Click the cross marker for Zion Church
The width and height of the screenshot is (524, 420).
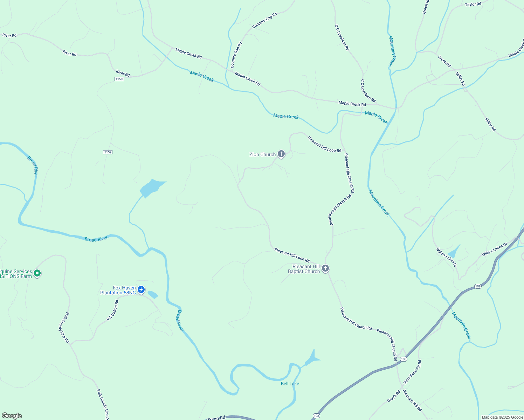pyautogui.click(x=281, y=154)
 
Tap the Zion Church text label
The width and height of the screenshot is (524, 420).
pyautogui.click(x=262, y=154)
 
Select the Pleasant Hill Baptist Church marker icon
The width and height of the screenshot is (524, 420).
pyautogui.click(x=325, y=268)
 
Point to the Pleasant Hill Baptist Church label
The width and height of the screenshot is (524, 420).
pyautogui.click(x=304, y=269)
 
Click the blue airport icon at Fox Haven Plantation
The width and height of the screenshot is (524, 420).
pyautogui.click(x=141, y=289)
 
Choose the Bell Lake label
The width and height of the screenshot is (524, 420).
pyautogui.click(x=290, y=384)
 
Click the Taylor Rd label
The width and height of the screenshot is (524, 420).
pyautogui.click(x=473, y=5)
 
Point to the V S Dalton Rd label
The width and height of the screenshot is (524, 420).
pyautogui.click(x=112, y=310)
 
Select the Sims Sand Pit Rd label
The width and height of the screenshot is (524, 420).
pyautogui.click(x=413, y=372)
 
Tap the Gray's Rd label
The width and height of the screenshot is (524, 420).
pyautogui.click(x=393, y=396)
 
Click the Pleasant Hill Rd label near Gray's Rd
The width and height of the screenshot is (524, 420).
pyautogui.click(x=412, y=400)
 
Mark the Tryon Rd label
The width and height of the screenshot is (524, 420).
pyautogui.click(x=216, y=418)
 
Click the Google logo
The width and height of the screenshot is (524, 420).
pyautogui.click(x=12, y=416)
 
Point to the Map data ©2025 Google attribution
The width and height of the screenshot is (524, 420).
pyautogui.click(x=502, y=417)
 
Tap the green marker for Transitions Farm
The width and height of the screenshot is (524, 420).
pyautogui.click(x=37, y=273)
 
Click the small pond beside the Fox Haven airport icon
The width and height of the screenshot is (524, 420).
pyautogui.click(x=153, y=294)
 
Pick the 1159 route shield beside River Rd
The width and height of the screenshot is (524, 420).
pyautogui.click(x=119, y=79)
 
